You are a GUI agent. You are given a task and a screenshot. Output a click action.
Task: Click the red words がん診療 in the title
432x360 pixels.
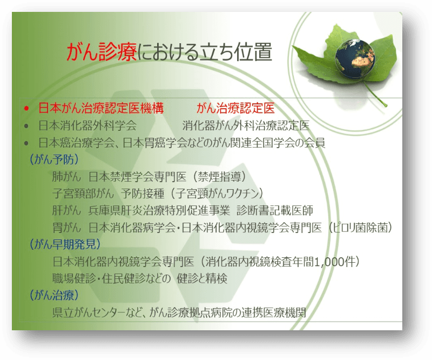pos(102,51)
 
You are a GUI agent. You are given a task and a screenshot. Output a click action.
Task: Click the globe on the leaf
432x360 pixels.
pos(355,58)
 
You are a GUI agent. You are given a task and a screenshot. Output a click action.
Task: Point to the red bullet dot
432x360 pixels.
pos(26,109)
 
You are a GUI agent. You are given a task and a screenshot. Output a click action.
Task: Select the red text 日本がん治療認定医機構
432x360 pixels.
pos(101,108)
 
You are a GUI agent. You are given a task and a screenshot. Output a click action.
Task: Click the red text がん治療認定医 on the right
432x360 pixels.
pos(235,108)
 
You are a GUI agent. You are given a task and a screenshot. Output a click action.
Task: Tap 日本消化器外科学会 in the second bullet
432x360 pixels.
pos(87,125)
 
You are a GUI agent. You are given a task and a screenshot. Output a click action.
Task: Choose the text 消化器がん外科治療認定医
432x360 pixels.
pos(246,125)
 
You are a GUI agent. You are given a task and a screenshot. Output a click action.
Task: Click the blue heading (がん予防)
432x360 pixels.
pos(54,159)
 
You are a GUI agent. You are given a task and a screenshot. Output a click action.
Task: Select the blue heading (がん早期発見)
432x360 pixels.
pos(65,244)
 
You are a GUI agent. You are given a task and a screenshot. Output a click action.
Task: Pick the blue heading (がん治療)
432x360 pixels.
pos(54,295)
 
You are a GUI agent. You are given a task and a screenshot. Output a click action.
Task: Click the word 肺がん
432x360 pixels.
pos(66,177)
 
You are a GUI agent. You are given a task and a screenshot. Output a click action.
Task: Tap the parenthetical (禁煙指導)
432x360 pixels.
pos(219,177)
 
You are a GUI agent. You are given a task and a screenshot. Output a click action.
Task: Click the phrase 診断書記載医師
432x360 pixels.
pos(275,210)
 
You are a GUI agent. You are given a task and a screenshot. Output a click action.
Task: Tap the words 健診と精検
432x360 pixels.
pos(202,278)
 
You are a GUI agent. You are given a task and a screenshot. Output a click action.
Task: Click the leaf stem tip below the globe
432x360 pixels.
pos(386,105)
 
